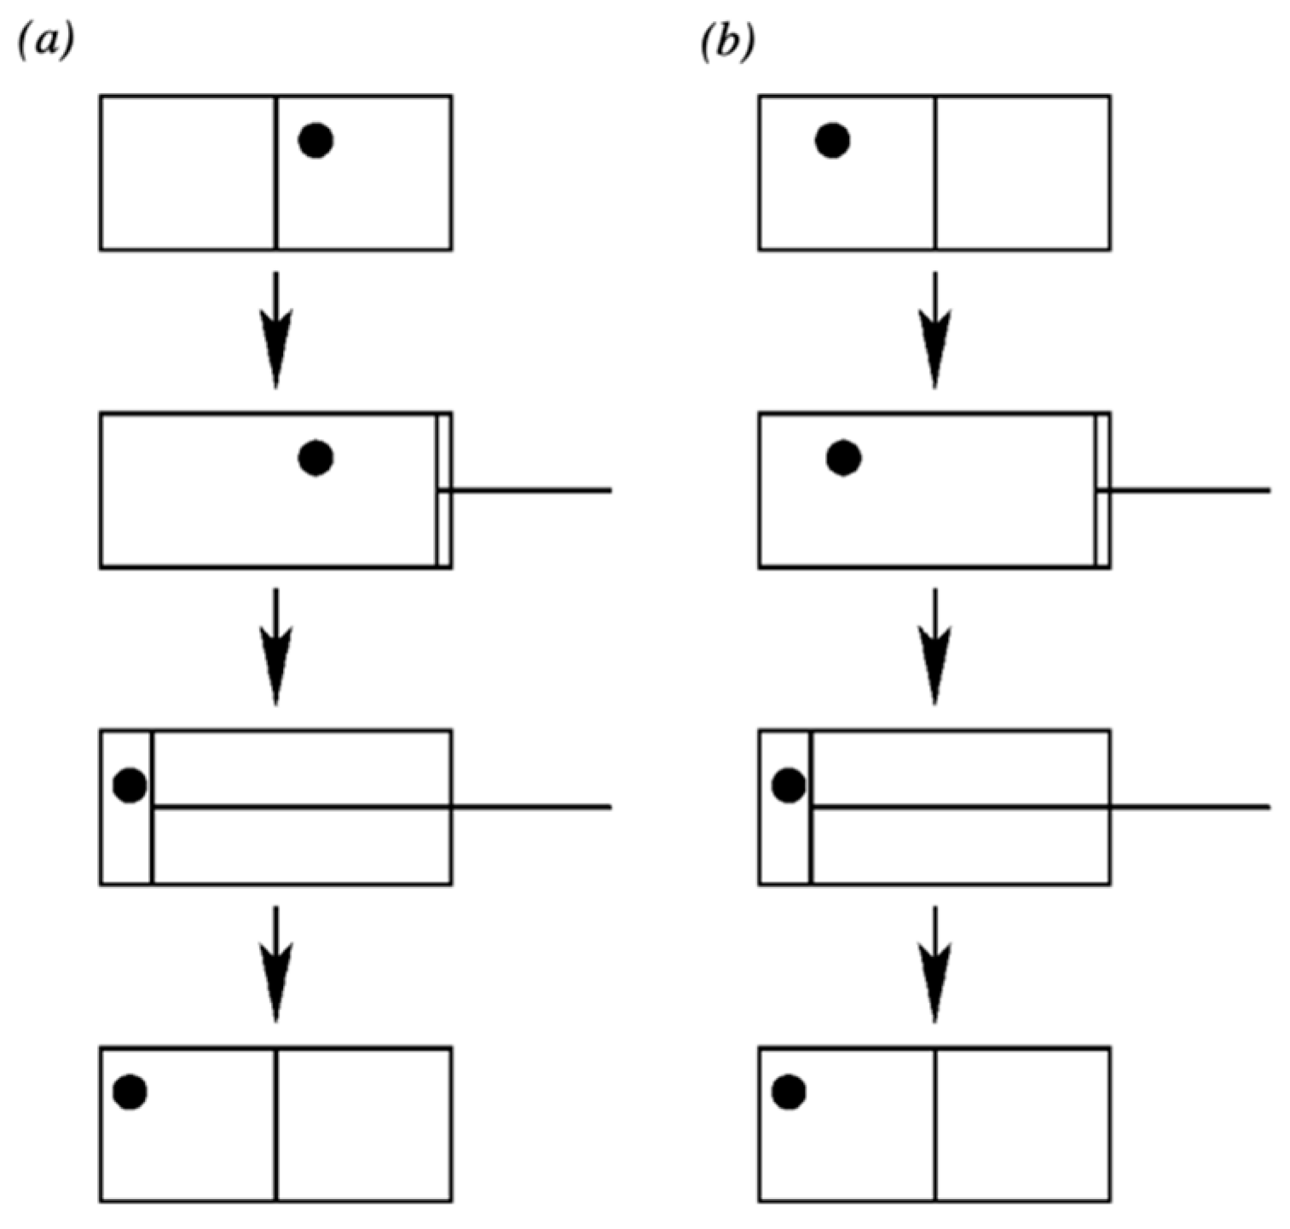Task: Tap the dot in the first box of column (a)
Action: (x=315, y=140)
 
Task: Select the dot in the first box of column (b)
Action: (x=832, y=140)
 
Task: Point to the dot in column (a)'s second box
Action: (x=315, y=458)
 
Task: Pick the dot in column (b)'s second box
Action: (x=843, y=458)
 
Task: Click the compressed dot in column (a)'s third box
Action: (x=130, y=785)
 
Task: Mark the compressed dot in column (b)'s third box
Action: (x=788, y=785)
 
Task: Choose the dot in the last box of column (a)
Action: (x=130, y=1091)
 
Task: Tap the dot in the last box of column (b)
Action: (x=788, y=1091)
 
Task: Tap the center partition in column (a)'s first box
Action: (x=276, y=172)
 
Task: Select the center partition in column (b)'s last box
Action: (x=934, y=1124)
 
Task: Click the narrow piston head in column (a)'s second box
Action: (x=443, y=490)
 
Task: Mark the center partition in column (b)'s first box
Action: (x=934, y=172)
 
